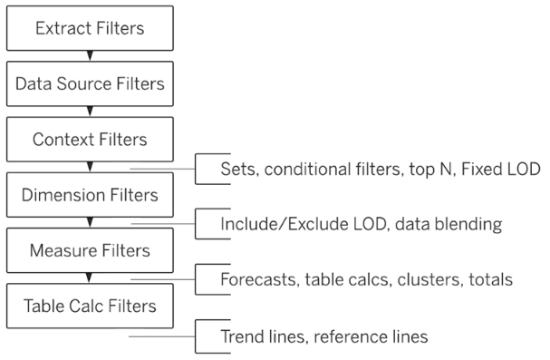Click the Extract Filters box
tap(89, 30)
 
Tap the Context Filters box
tap(89, 141)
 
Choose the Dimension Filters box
tap(89, 195)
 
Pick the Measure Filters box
tap(89, 250)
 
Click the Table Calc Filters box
tap(89, 306)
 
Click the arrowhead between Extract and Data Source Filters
tap(89, 57)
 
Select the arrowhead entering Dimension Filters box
tap(89, 168)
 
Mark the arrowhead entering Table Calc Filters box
tap(89, 277)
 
